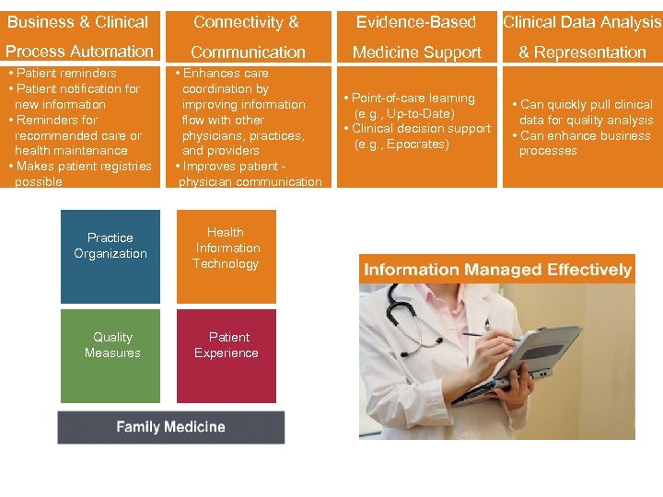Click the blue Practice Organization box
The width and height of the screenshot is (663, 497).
pos(110,257)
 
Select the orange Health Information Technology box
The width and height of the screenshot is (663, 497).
pos(227,257)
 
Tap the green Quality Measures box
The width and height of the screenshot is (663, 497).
pos(110,355)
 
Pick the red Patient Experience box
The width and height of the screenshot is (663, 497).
pos(227,355)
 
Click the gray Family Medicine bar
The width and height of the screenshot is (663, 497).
pos(170,427)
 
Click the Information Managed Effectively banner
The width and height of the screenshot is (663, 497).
pos(497,270)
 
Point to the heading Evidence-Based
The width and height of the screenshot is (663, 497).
pos(416,22)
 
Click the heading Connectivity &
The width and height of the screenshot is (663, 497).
pos(246,22)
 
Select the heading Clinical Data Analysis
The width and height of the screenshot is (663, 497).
pos(582,22)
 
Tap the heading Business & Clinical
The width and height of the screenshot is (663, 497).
pos(77,22)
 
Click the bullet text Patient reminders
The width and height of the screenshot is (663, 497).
pos(64,73)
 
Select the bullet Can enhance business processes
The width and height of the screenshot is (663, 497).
pos(584,143)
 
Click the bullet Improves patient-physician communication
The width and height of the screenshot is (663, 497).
pos(250,174)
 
